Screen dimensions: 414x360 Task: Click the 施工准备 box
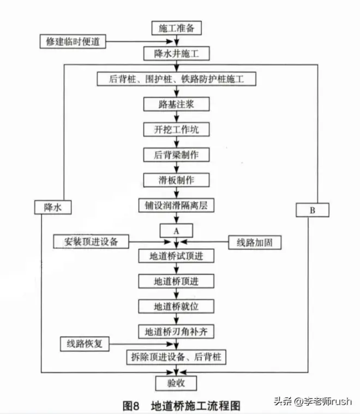[176, 27]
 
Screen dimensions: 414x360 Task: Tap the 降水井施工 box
[176, 53]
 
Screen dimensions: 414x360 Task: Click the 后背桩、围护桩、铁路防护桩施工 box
[176, 79]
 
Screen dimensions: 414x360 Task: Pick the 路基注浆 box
[176, 104]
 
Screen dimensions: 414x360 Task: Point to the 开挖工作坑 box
[176, 129]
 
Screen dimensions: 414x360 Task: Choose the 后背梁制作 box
[176, 154]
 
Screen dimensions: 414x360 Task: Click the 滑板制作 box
[176, 179]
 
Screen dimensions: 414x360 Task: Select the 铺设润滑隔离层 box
[176, 205]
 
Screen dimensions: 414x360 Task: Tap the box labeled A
[176, 230]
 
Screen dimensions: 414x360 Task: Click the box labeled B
[312, 209]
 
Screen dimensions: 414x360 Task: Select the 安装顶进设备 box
[93, 241]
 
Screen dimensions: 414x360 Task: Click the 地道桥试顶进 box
[176, 255]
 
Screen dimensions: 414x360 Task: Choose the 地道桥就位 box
[176, 306]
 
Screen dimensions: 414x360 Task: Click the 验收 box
[176, 382]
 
